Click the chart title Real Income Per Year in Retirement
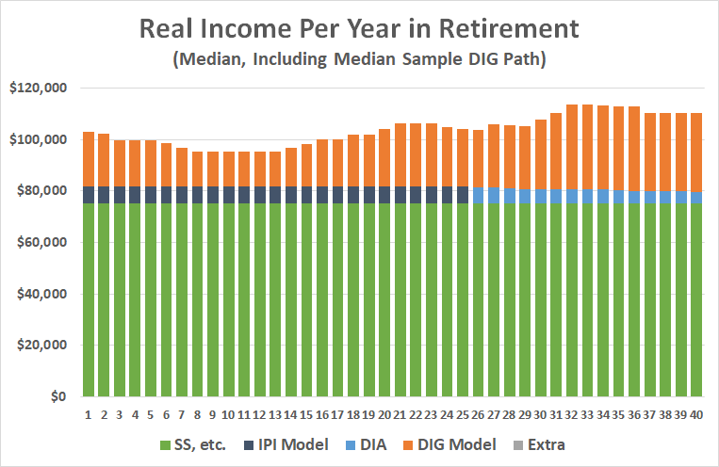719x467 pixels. coord(359,28)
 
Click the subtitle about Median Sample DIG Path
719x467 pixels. coord(359,60)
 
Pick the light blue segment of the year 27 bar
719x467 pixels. coord(494,196)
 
